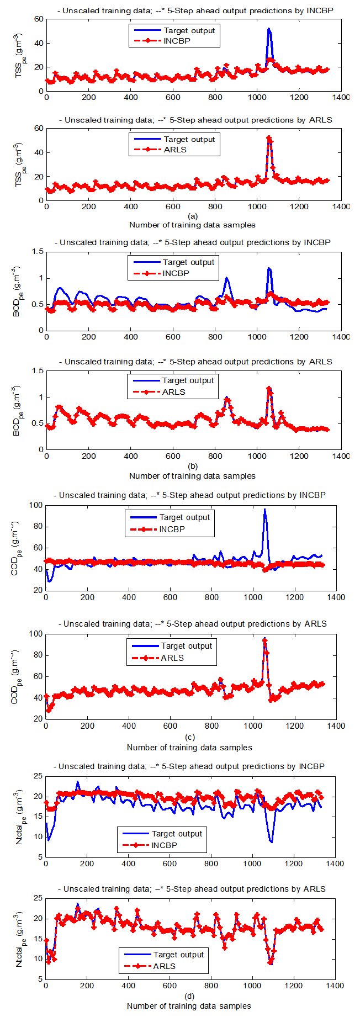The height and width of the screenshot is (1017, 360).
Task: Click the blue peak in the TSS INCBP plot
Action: (269, 29)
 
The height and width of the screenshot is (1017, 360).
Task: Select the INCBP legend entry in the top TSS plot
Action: (177, 41)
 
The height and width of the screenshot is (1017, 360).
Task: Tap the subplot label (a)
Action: (192, 216)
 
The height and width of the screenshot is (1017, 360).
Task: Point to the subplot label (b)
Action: (192, 467)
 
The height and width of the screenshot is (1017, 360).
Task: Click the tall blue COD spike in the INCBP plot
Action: (265, 510)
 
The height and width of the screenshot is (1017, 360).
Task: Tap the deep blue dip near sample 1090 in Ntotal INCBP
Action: (271, 841)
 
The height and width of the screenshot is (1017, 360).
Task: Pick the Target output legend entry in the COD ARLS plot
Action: (186, 646)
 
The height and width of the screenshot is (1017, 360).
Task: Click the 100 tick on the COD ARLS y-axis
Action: (35, 634)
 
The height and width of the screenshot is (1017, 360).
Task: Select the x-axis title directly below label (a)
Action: (192, 225)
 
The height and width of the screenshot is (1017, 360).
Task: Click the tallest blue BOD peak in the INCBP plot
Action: (269, 268)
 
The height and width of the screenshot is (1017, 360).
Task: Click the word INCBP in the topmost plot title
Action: (320, 10)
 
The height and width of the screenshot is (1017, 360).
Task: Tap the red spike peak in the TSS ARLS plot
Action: (269, 138)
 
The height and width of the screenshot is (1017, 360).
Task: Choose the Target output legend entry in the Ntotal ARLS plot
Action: (178, 955)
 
